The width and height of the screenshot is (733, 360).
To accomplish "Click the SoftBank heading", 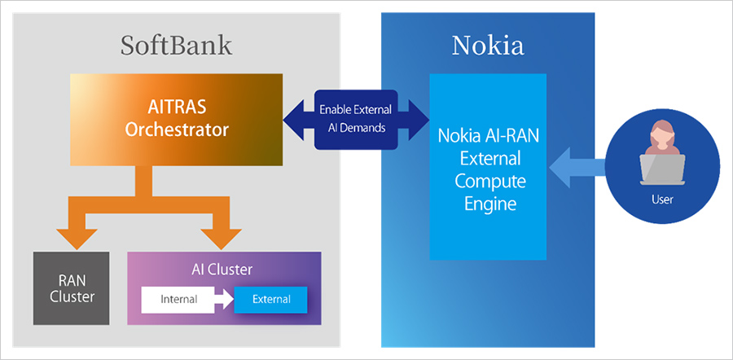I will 176,45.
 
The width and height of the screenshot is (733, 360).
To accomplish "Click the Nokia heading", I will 488,45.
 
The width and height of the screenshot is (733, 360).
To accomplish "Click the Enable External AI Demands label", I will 355,120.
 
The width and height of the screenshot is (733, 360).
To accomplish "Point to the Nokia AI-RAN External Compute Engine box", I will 488,167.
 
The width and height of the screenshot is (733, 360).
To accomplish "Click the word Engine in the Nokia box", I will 488,203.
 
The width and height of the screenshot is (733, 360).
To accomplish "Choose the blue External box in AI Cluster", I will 271,300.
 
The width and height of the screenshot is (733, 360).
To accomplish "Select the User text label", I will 663,198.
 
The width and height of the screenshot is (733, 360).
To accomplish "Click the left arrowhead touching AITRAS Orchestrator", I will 295,120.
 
